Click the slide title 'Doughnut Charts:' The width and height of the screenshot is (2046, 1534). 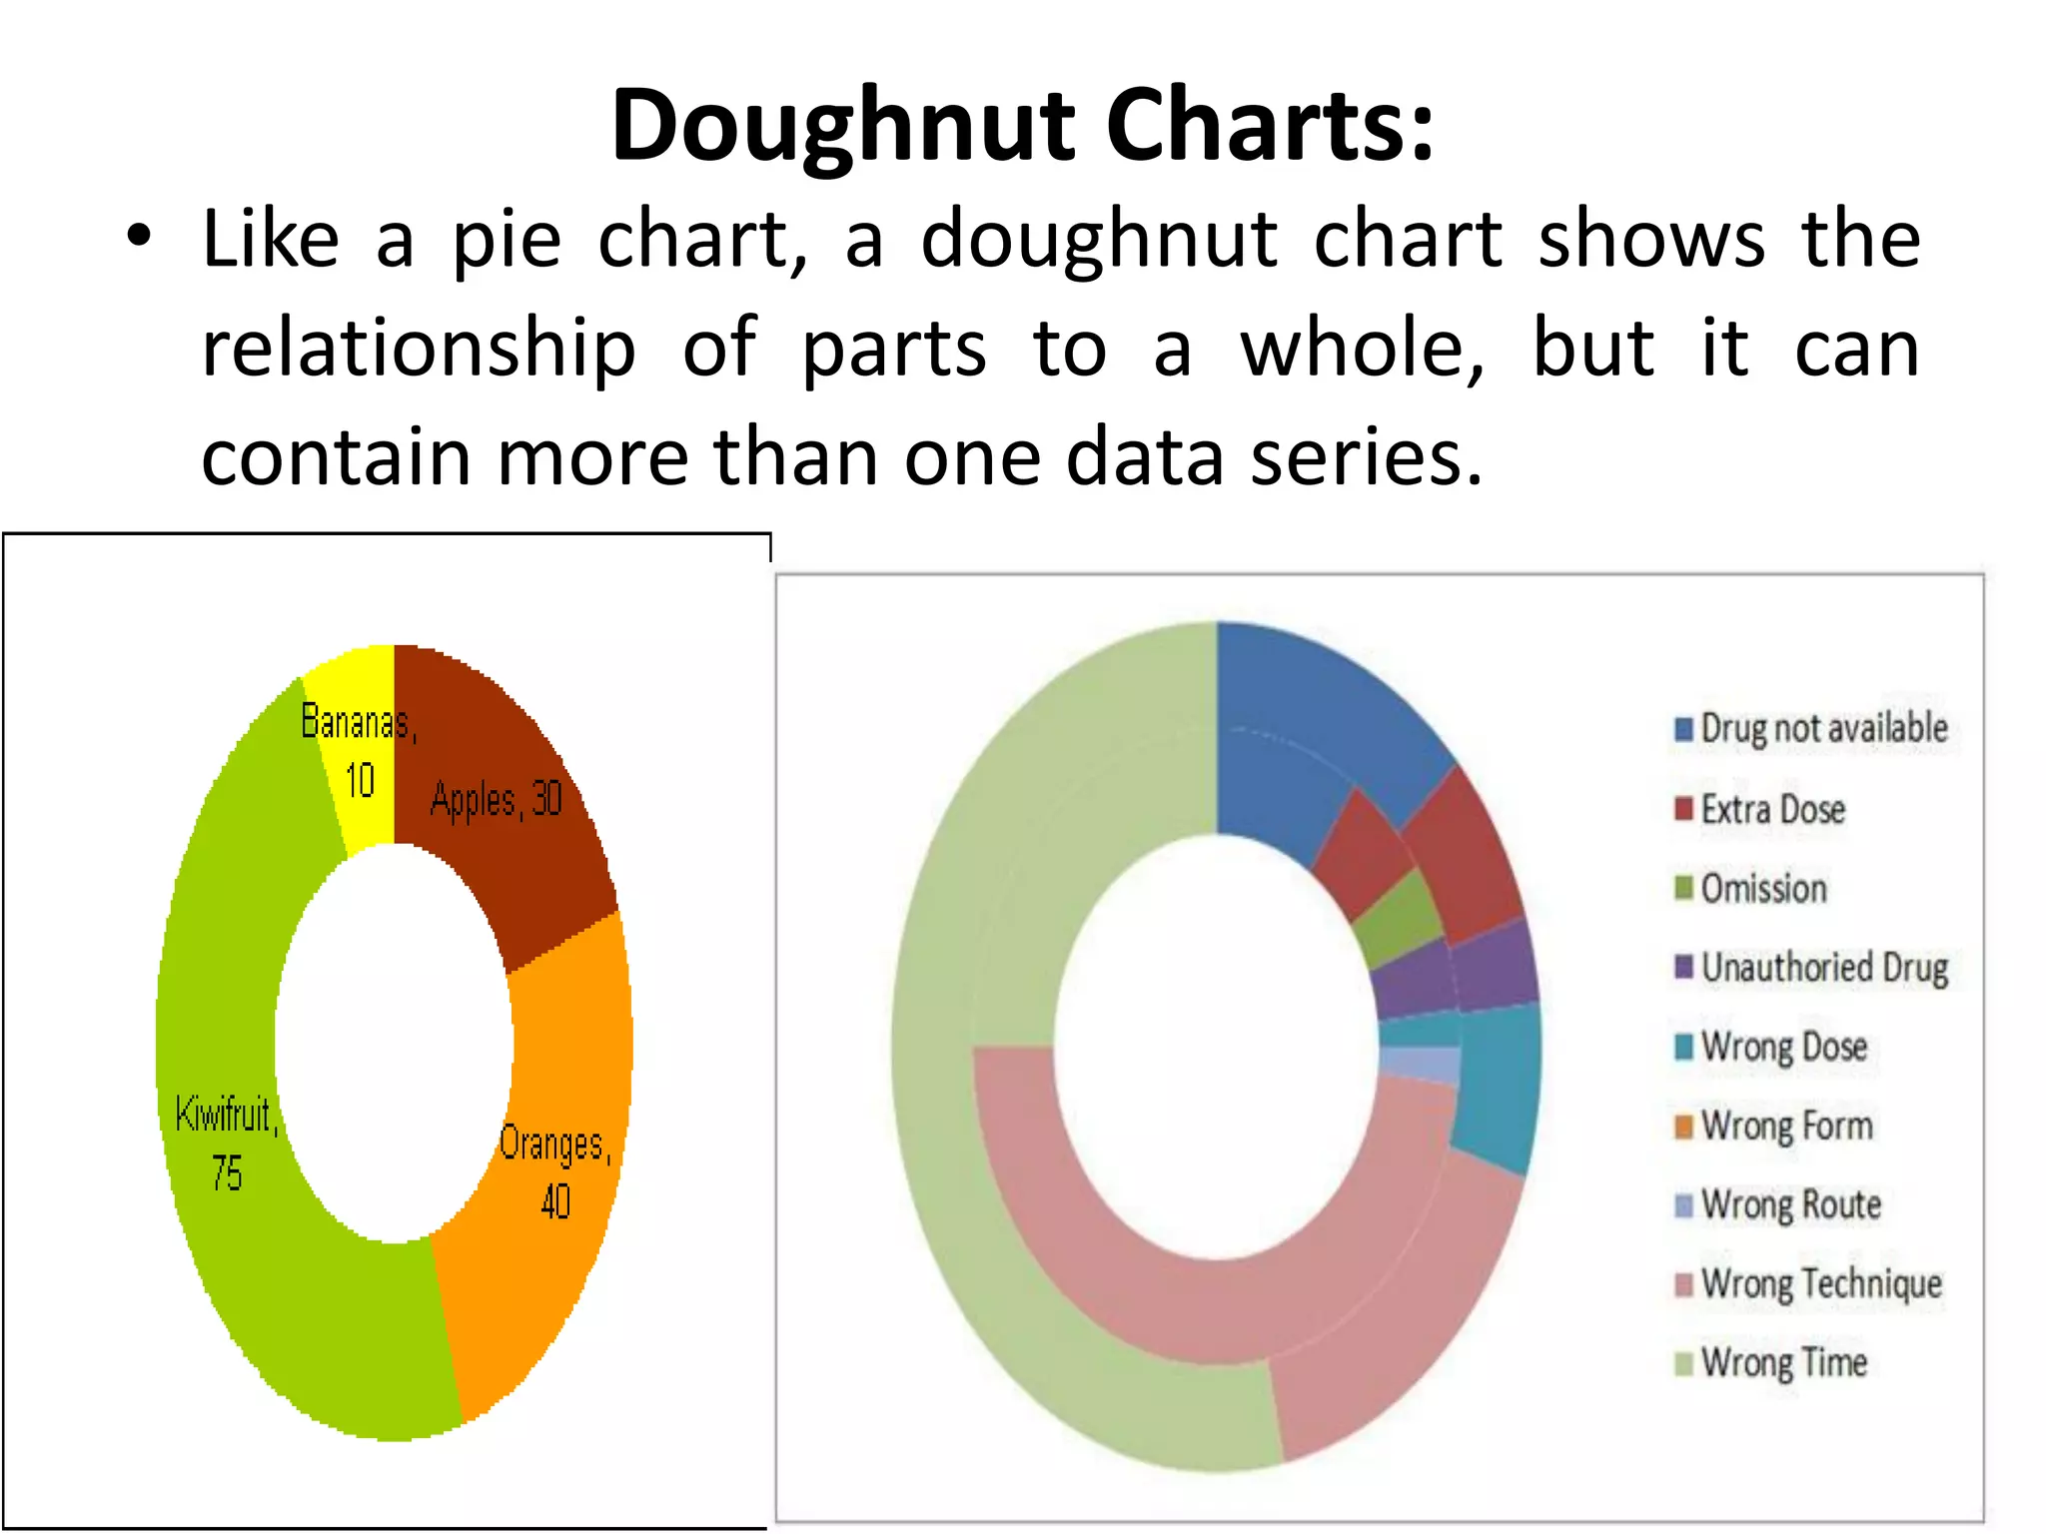[1022, 125]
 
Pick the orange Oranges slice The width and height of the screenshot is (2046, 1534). [559, 1149]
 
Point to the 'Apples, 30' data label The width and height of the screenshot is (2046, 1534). [497, 799]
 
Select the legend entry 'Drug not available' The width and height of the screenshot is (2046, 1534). [1811, 728]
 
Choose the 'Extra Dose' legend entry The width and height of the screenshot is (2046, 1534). [1760, 809]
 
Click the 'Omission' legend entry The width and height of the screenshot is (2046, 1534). [1751, 888]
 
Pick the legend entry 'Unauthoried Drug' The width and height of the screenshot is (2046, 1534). [1811, 967]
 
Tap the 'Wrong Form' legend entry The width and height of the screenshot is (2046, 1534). [1773, 1126]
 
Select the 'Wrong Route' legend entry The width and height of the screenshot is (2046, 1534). [1778, 1204]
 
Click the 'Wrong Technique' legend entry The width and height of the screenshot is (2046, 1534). [1808, 1283]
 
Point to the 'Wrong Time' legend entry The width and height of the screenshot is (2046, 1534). [1771, 1362]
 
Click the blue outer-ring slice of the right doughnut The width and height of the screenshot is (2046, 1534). [1329, 699]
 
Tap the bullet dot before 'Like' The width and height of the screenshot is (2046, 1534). [139, 238]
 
